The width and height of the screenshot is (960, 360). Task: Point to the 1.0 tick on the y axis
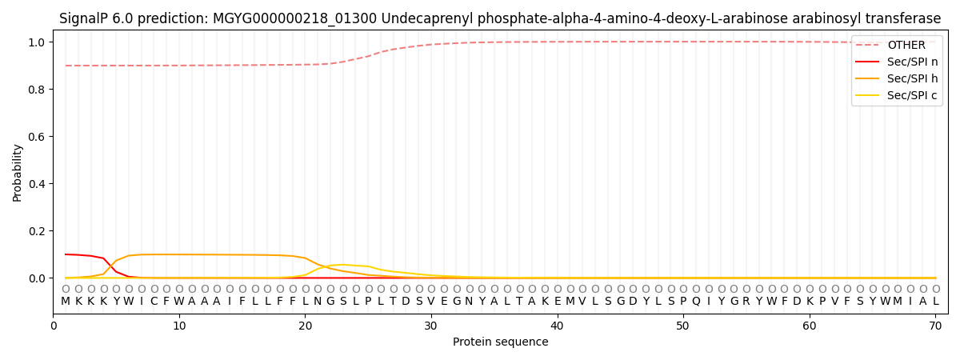tap(37, 42)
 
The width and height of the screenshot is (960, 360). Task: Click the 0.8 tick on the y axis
tap(37, 89)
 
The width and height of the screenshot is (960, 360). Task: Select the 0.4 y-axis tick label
tap(37, 184)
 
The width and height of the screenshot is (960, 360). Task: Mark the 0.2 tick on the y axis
tap(37, 231)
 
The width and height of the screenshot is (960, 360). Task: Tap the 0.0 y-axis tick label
tap(37, 278)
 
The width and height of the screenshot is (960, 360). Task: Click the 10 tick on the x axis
tap(179, 326)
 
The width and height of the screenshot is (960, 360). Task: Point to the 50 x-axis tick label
tap(683, 326)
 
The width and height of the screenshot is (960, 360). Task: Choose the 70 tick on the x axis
tap(935, 326)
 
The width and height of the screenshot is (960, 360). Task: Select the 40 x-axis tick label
tap(557, 326)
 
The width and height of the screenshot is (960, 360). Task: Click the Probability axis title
tap(17, 173)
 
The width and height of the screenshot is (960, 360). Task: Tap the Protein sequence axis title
tap(501, 342)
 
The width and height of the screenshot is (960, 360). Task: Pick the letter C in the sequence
tap(154, 302)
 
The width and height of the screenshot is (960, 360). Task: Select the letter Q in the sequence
tap(696, 302)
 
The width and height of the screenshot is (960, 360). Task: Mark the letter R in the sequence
tap(746, 302)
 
